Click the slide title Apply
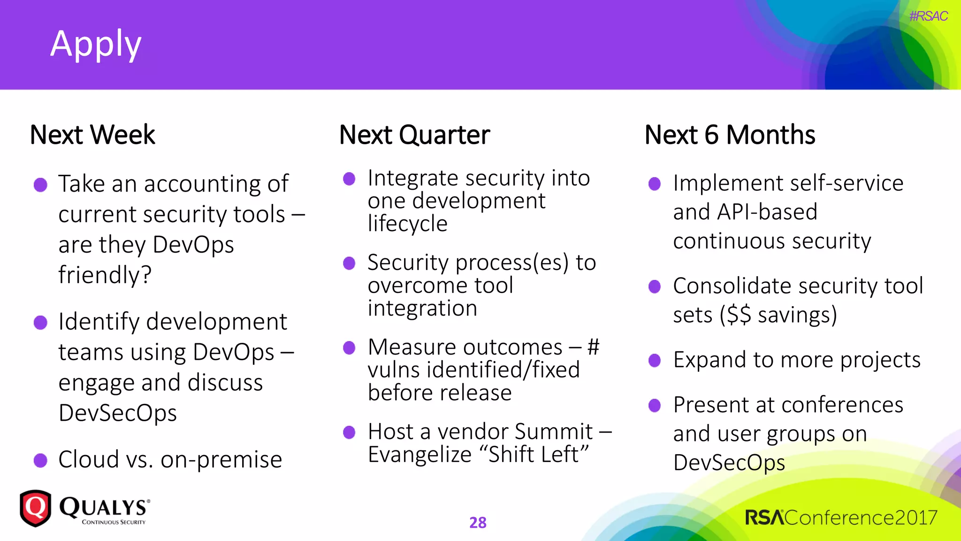point(96,44)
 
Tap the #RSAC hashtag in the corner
point(928,16)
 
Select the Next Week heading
point(92,135)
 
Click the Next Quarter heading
point(414,135)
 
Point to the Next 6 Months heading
point(730,135)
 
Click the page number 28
point(478,522)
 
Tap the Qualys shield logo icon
point(35,508)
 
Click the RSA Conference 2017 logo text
point(841,518)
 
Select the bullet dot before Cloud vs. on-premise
point(41,460)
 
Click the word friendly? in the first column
point(105,275)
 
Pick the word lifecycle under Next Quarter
point(407,224)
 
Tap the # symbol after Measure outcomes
point(594,347)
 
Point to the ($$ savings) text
point(778,315)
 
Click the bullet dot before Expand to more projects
point(654,361)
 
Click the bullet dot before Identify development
point(41,323)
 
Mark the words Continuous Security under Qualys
point(114,522)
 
